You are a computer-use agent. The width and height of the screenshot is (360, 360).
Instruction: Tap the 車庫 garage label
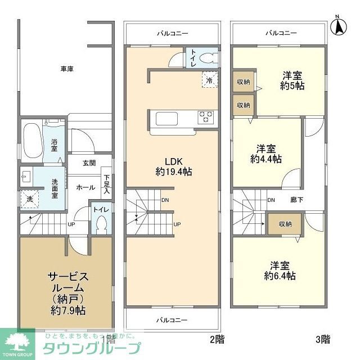click(67, 69)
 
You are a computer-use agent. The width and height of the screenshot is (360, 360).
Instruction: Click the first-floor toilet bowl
click(101, 224)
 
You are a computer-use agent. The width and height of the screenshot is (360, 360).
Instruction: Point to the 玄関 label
click(89, 163)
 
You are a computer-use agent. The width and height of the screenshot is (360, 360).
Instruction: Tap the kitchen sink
click(166, 119)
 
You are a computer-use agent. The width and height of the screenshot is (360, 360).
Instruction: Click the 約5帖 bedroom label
click(292, 80)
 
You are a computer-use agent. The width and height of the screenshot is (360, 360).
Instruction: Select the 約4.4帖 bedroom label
click(266, 154)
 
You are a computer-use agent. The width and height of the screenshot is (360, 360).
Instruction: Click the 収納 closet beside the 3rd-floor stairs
click(285, 224)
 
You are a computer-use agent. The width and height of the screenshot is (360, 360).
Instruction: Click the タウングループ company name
click(92, 346)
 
